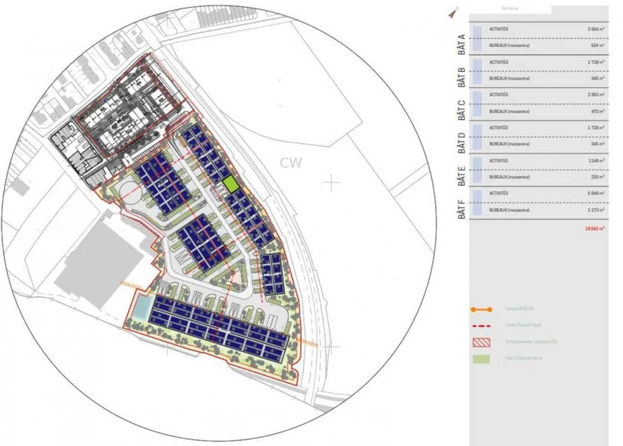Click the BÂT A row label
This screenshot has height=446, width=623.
tap(461, 39)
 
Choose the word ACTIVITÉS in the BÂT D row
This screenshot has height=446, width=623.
tap(499, 127)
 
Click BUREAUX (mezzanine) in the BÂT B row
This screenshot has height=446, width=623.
tap(509, 78)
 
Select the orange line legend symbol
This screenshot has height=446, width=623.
tap(481, 309)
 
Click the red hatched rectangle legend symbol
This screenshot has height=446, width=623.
tap(481, 342)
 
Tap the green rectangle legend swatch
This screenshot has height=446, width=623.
tap(481, 358)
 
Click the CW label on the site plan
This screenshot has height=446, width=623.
tap(291, 162)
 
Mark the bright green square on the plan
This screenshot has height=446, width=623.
tap(230, 184)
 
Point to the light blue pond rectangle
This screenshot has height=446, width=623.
tap(142, 306)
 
